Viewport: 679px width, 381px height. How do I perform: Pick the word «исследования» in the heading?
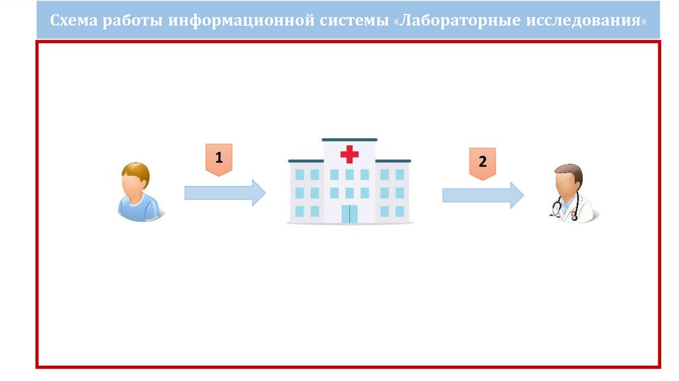pyautogui.click(x=584, y=20)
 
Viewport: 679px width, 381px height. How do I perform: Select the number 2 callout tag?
pyautogui.click(x=482, y=163)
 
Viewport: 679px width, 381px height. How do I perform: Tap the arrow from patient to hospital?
pyautogui.click(x=224, y=192)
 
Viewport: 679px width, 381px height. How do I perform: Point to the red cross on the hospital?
pyautogui.click(x=349, y=155)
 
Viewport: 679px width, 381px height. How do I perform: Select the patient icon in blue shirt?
pyautogui.click(x=137, y=192)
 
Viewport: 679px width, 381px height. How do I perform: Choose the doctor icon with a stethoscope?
pyautogui.click(x=570, y=193)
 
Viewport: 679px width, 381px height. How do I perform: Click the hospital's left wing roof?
pyautogui.click(x=306, y=161)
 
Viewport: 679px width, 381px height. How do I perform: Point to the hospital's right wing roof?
pyautogui.click(x=393, y=161)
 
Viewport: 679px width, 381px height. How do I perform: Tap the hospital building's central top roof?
pyautogui.click(x=349, y=139)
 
